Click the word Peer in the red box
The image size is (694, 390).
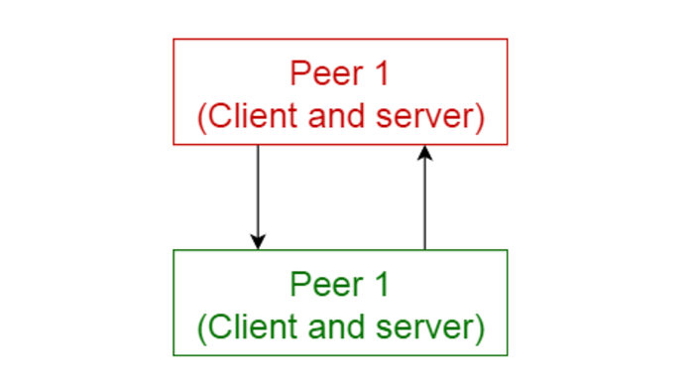[326, 73]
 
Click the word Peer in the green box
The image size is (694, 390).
[326, 284]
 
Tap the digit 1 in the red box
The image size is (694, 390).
[382, 73]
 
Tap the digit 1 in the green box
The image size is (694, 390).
[382, 284]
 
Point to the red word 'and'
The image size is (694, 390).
[336, 116]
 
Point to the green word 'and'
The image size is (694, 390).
[336, 327]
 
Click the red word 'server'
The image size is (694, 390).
[425, 117]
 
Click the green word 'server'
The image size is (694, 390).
[425, 327]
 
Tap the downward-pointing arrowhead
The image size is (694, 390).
[258, 242]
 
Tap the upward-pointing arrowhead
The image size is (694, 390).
[425, 153]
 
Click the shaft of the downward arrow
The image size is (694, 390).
[258, 191]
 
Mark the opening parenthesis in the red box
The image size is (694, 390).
[201, 118]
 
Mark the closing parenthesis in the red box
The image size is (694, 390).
[480, 118]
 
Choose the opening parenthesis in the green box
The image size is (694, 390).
[201, 328]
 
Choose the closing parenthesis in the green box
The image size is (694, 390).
[480, 328]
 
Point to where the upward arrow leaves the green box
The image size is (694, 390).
[425, 250]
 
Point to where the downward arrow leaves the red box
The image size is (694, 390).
[258, 145]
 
